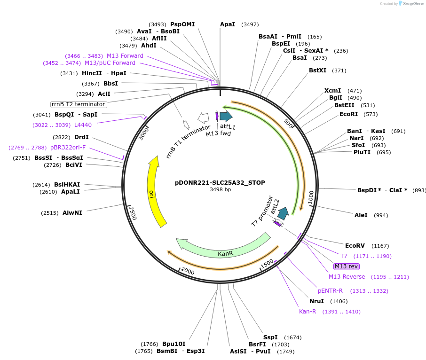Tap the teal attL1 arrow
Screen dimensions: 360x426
coord(226,116)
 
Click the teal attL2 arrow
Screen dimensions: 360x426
coord(283,214)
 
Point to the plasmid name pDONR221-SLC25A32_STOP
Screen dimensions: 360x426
coord(220,182)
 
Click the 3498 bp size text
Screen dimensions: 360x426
coord(220,190)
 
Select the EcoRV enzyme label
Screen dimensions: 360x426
coord(355,246)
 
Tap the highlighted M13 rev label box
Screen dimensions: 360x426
coord(347,266)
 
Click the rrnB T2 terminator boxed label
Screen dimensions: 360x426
coord(79,104)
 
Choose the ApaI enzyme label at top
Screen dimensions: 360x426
coord(228,24)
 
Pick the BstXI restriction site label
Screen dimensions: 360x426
coord(317,70)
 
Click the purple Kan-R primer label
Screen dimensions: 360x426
coord(308,312)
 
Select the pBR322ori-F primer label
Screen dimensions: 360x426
coord(68,148)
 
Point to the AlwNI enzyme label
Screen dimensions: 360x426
coord(72,213)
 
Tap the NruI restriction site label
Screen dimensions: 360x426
coord(317,301)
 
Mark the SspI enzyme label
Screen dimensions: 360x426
coord(270,337)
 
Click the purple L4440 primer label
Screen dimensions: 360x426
coord(83,125)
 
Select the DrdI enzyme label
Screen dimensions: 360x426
coord(81,137)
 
